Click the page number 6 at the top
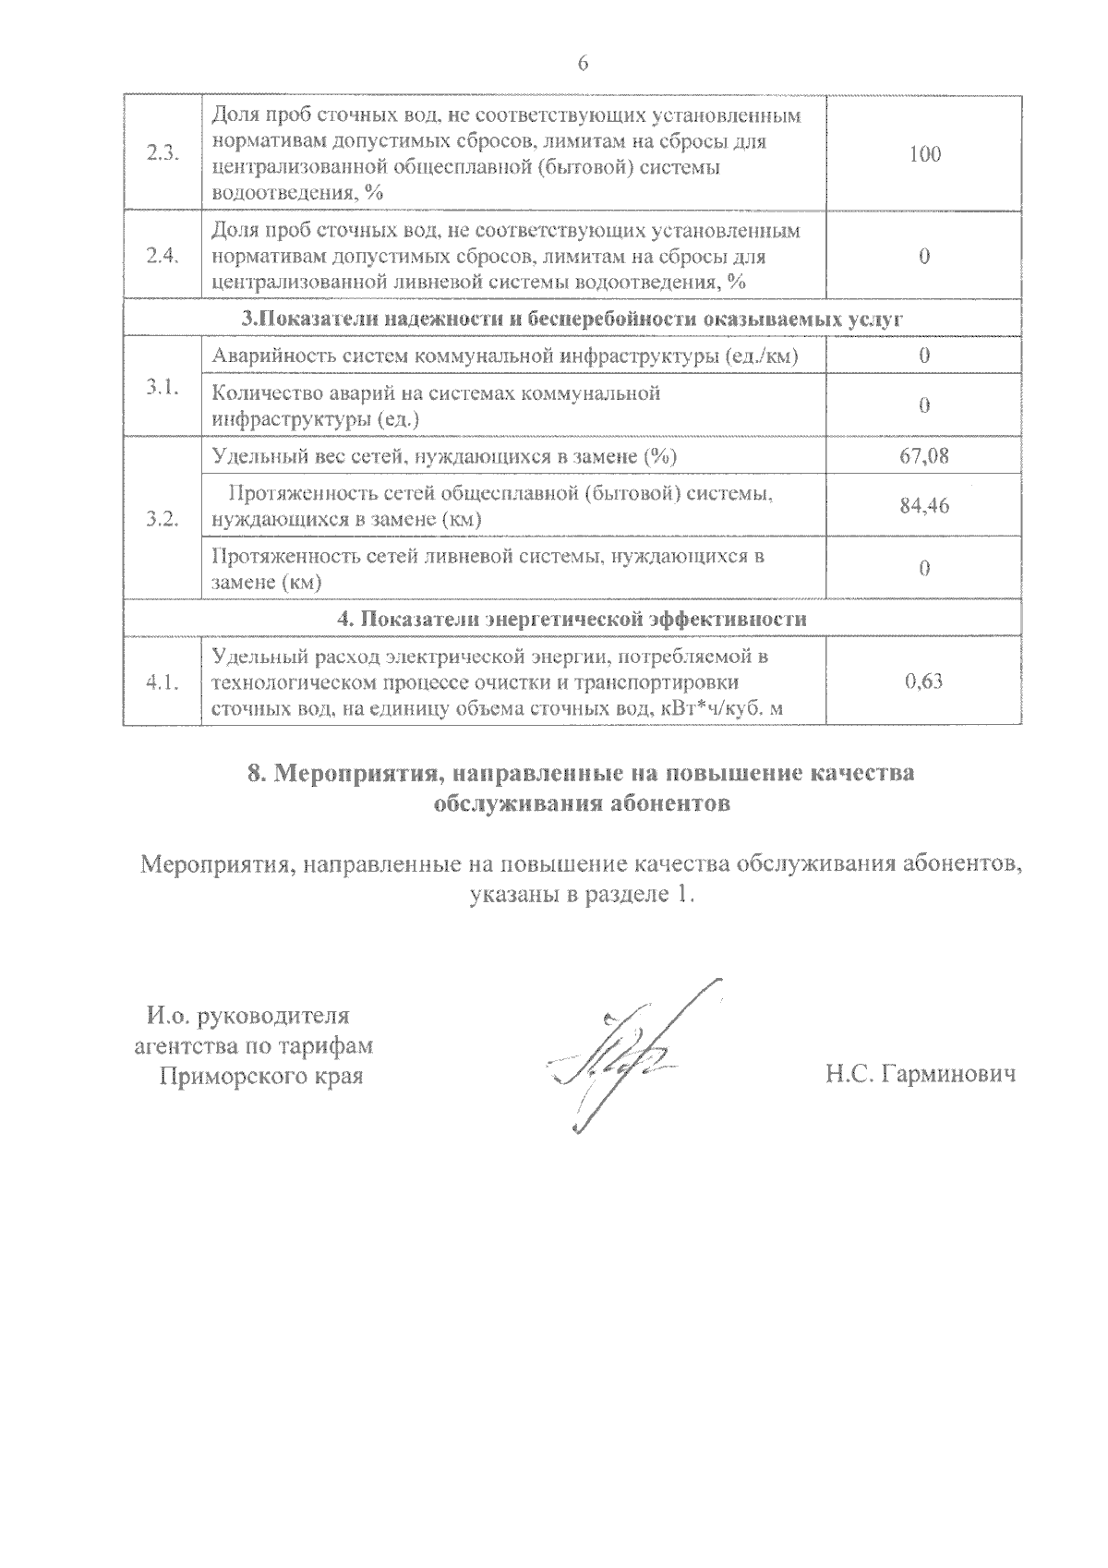tap(582, 64)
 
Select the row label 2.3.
tap(163, 154)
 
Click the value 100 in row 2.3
tap(924, 154)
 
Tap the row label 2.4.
tap(163, 256)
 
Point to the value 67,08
tap(924, 455)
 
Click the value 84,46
tap(924, 506)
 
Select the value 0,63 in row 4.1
tap(924, 682)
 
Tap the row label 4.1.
tap(163, 682)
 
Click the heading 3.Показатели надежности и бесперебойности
tap(572, 320)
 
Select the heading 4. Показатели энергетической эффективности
tap(572, 619)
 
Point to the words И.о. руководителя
tap(248, 1017)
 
